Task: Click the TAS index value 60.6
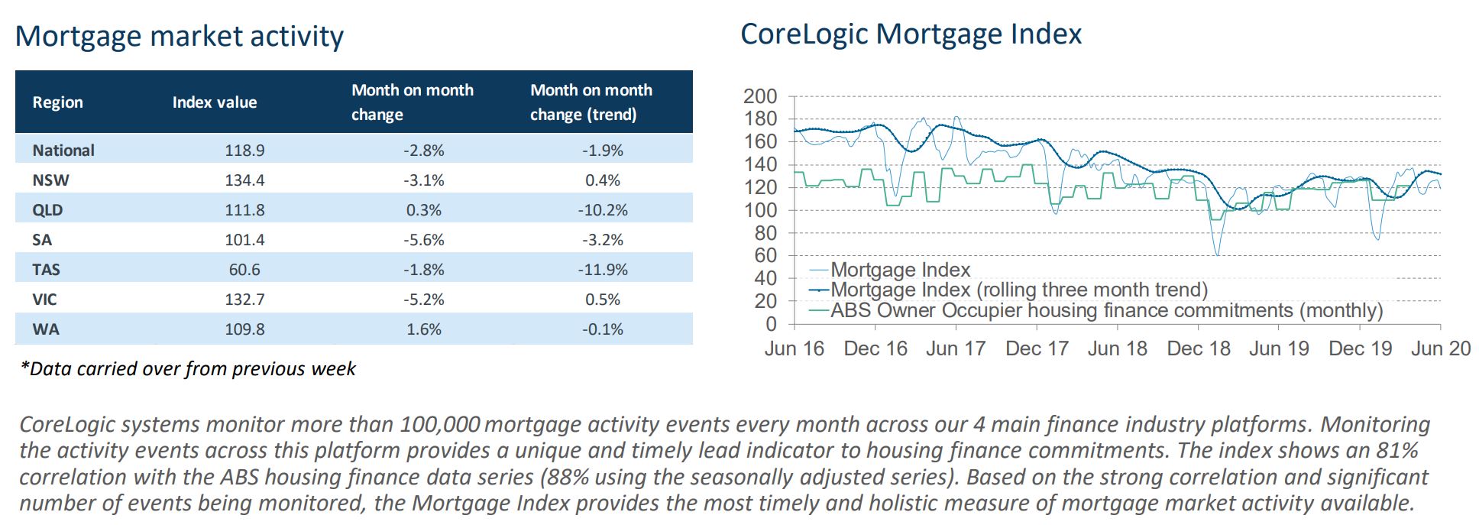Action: pos(244,270)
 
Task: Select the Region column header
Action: pos(57,102)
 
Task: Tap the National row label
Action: pos(63,151)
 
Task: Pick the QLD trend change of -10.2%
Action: pos(602,210)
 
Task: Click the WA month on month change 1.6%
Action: pos(424,329)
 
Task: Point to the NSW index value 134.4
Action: pos(244,180)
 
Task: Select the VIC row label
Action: pos(44,300)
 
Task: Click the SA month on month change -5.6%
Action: pos(424,240)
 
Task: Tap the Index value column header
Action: pos(215,102)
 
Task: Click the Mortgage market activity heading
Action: pos(180,36)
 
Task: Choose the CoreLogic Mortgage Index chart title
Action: pos(911,34)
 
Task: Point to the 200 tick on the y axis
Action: pos(760,97)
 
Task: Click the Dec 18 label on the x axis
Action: pos(1199,348)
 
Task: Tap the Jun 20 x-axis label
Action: pos(1440,348)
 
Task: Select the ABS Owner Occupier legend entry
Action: pos(1106,310)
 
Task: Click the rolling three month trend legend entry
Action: pos(1019,290)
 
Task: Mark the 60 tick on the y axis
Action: pos(765,256)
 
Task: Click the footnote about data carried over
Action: pos(188,369)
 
